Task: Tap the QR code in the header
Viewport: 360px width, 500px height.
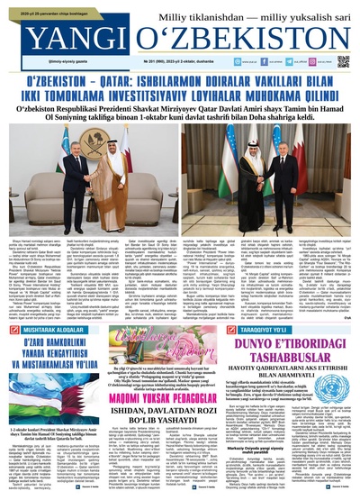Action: click(343, 60)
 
